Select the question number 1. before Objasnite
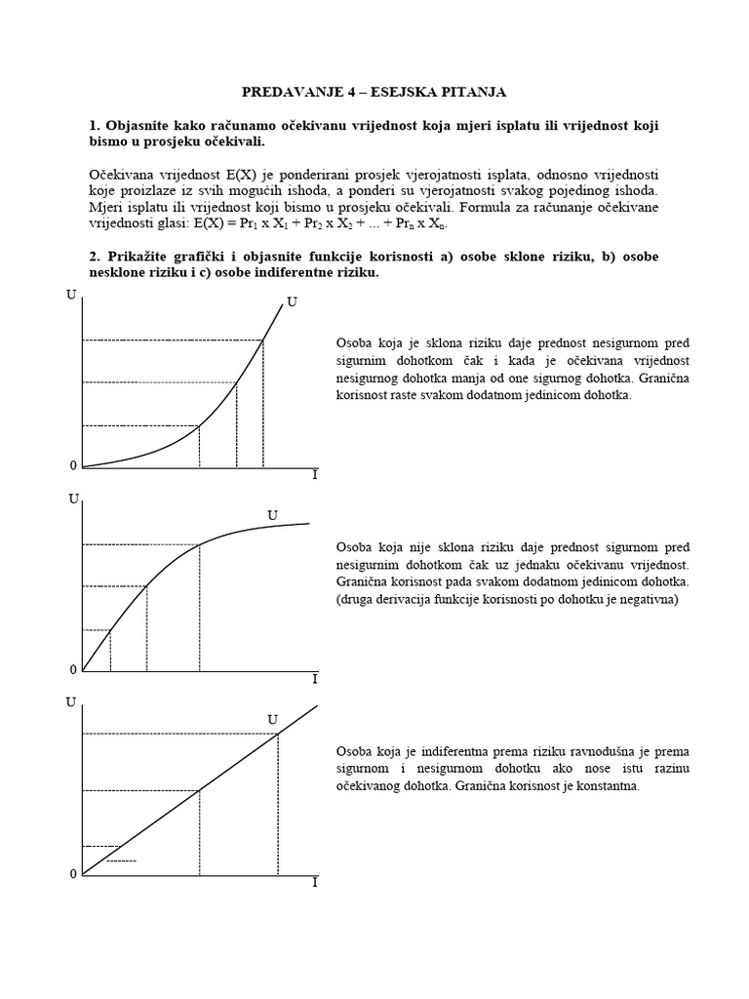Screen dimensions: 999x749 click(95, 127)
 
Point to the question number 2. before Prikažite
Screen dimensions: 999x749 click(95, 257)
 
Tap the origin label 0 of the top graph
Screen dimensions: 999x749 click(73, 466)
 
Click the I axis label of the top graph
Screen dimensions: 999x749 click(314, 474)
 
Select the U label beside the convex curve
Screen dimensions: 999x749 click(292, 303)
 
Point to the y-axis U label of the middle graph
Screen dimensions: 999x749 click(73, 499)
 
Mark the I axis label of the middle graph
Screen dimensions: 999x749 click(314, 678)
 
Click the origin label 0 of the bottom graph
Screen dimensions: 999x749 click(73, 874)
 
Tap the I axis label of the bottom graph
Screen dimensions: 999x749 click(314, 882)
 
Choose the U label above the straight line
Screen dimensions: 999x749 click(273, 720)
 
